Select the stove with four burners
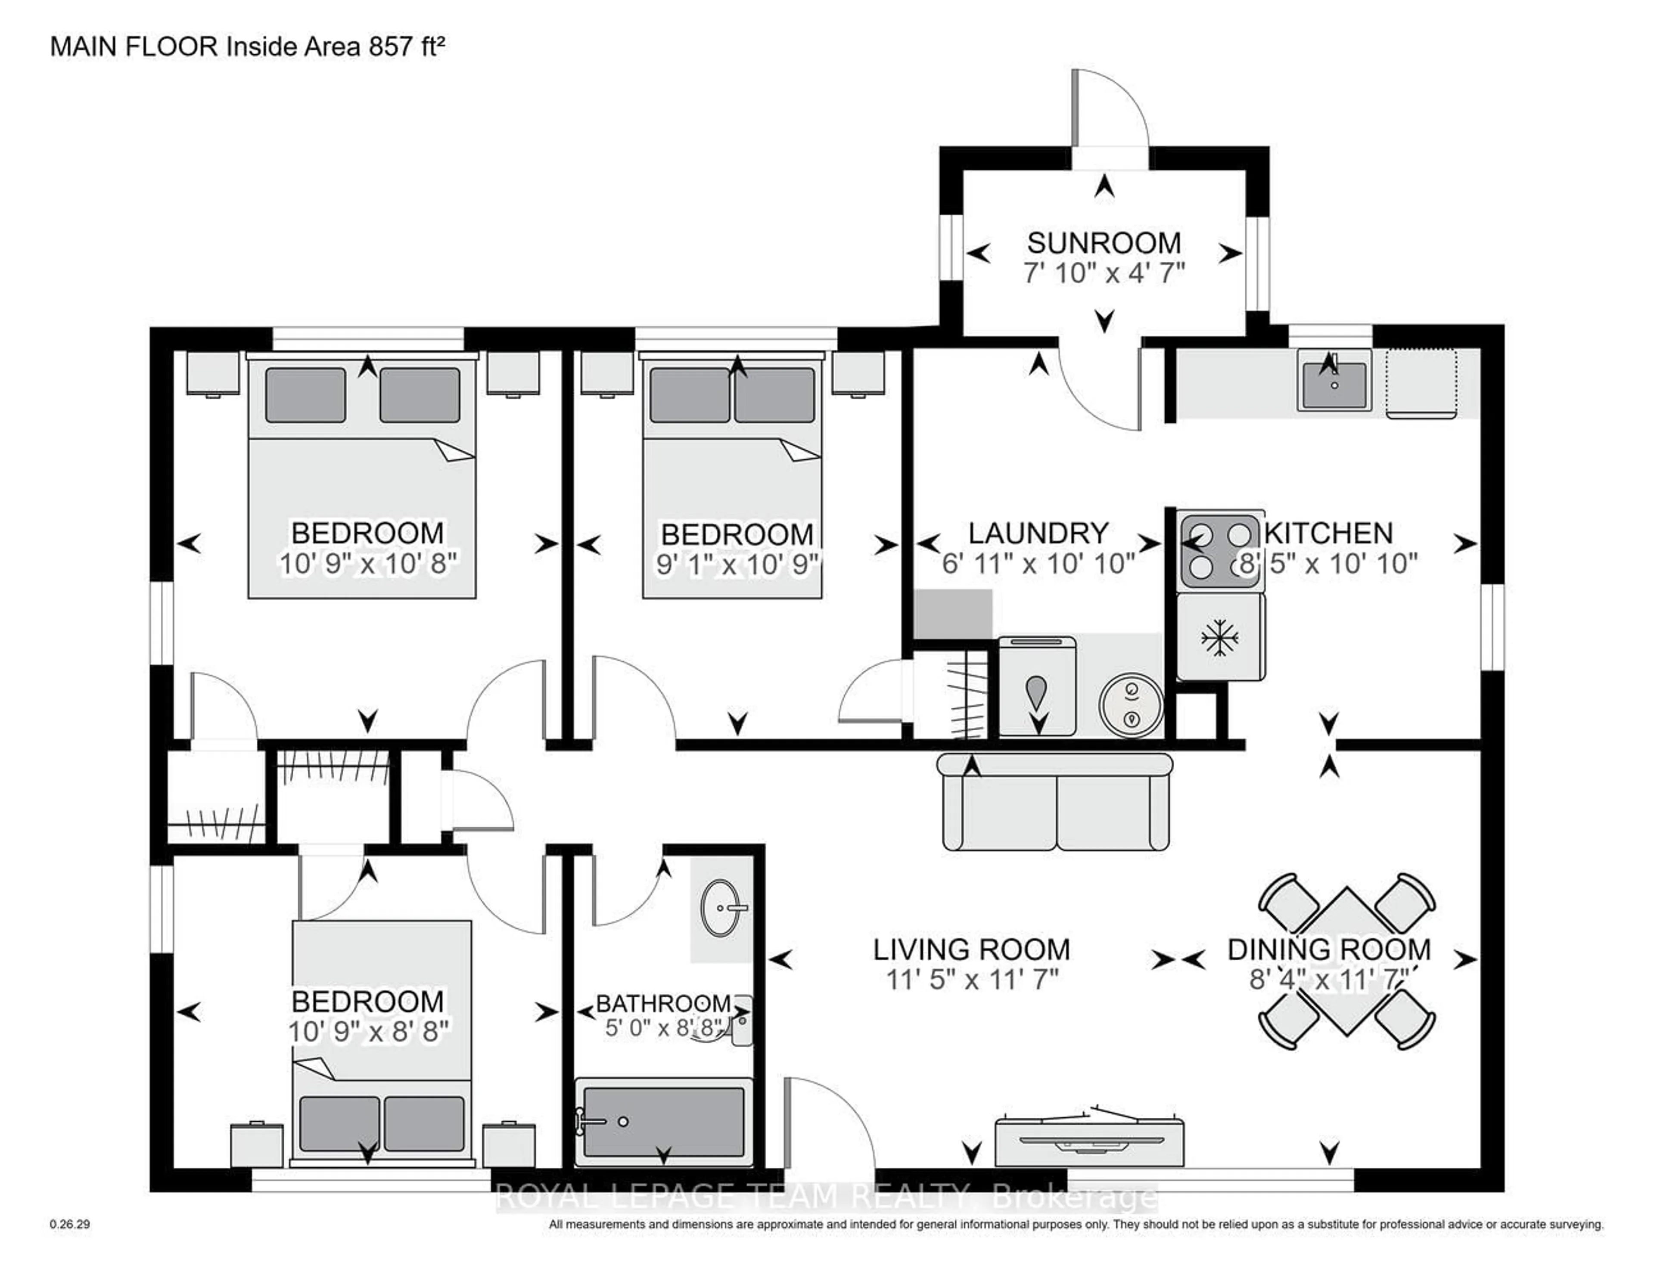click(x=1219, y=550)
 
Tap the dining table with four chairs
click(x=1346, y=962)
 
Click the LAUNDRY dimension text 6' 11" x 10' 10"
click(x=1038, y=563)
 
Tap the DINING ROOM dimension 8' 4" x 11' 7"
click(x=1329, y=980)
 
